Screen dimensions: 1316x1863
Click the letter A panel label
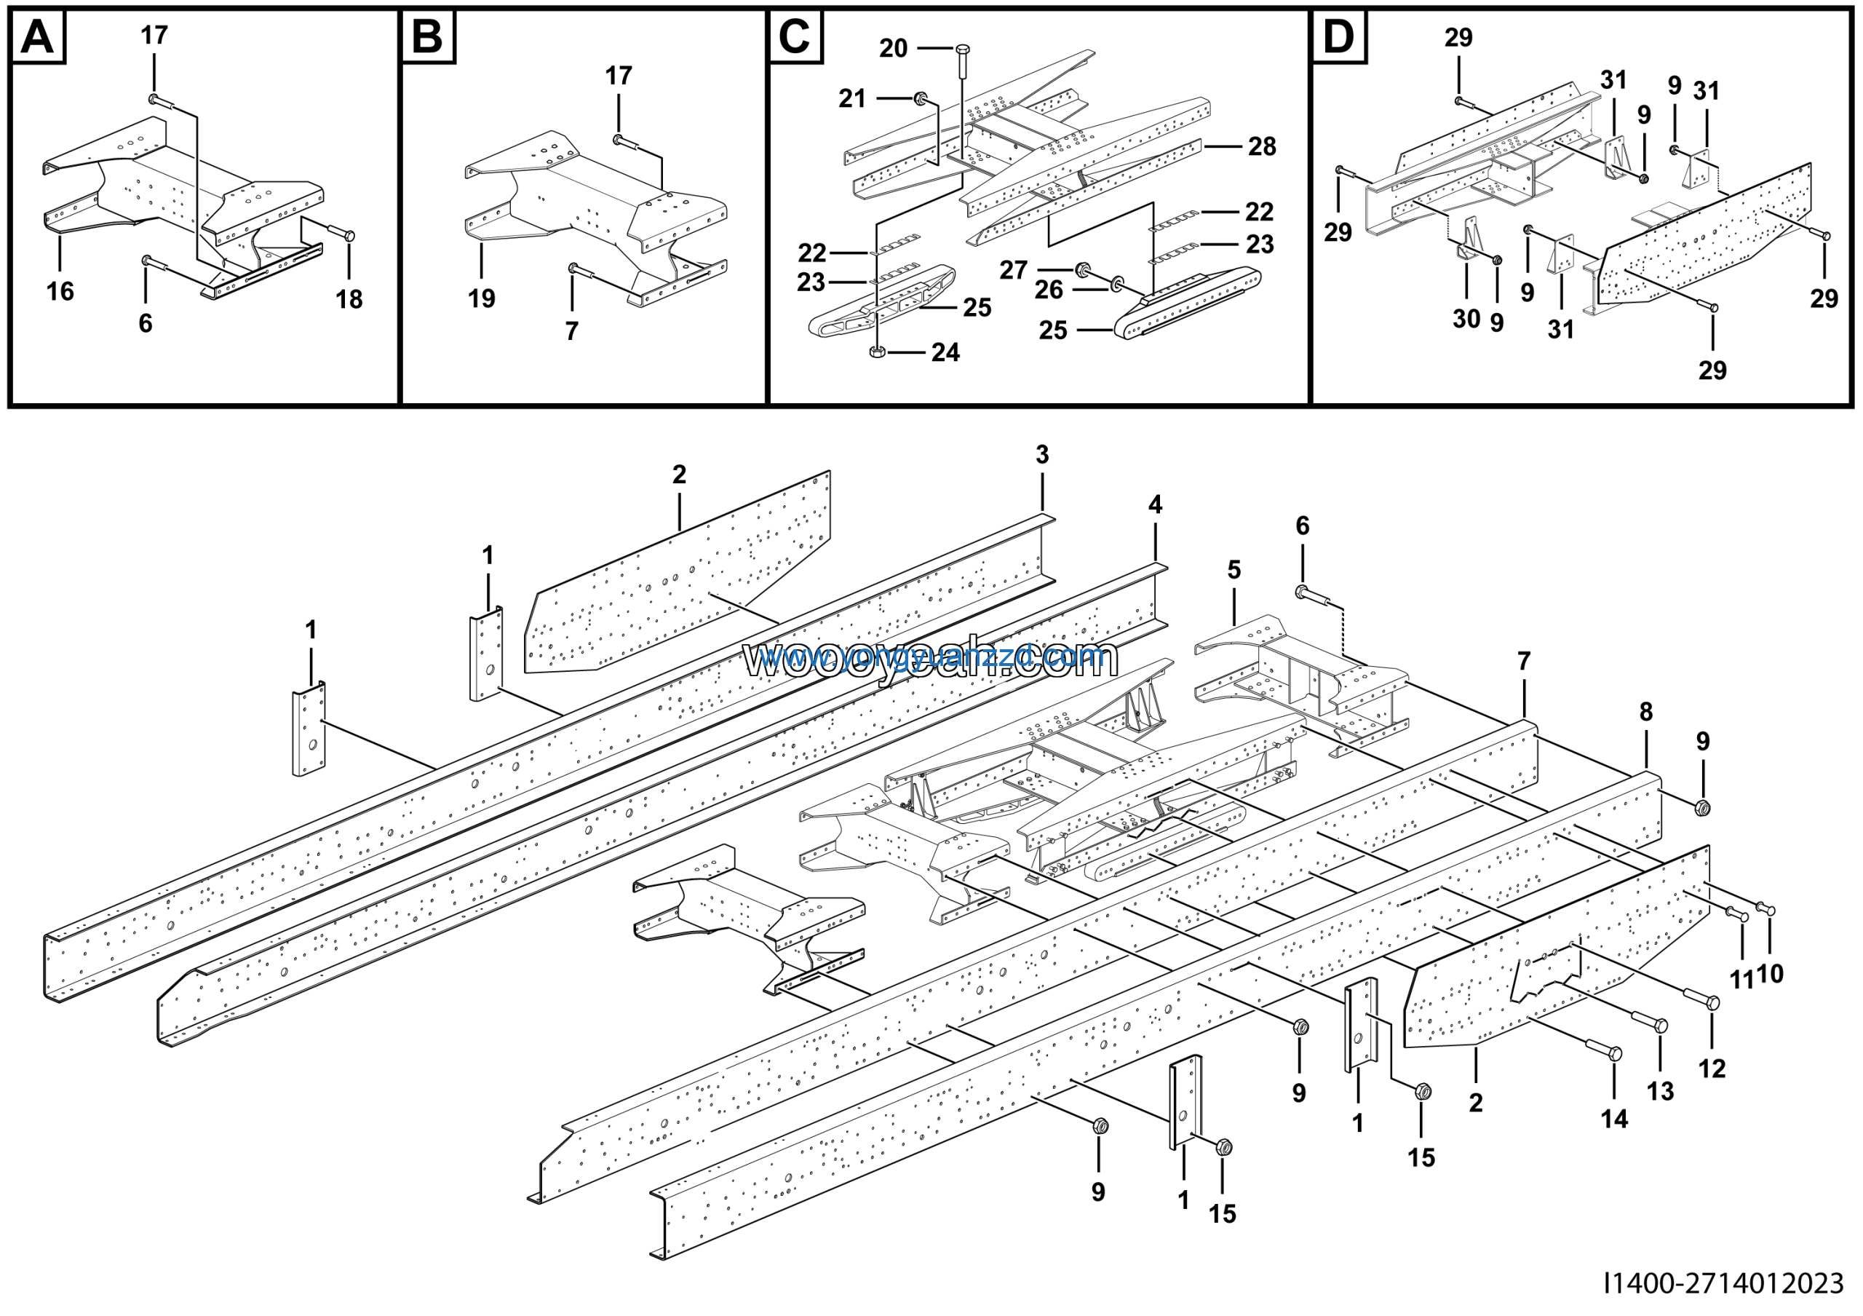(x=37, y=37)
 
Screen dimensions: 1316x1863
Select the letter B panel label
(x=428, y=37)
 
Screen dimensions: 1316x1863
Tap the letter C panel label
(x=795, y=37)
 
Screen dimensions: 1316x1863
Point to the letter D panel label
(x=1338, y=37)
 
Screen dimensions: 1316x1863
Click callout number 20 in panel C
(x=894, y=49)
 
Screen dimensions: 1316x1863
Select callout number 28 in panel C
(x=1262, y=147)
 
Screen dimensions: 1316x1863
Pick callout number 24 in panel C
(x=945, y=353)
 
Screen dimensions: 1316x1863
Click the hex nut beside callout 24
(x=877, y=352)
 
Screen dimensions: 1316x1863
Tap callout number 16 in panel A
(x=60, y=291)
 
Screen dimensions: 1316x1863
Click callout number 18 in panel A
(x=349, y=299)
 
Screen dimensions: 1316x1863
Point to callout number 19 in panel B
(x=481, y=298)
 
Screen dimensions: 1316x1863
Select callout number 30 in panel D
(x=1466, y=319)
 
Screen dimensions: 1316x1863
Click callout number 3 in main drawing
(x=1042, y=455)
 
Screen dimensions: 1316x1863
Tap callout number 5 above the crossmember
(x=1234, y=570)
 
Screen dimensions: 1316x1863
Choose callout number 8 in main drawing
(x=1645, y=712)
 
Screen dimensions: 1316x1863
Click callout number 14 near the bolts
(x=1614, y=1119)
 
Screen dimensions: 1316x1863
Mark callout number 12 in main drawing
(x=1712, y=1069)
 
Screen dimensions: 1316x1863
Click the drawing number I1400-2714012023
(x=1723, y=1283)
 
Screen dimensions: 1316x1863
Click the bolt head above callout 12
(x=1713, y=1003)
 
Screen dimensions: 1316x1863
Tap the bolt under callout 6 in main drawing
(x=1303, y=593)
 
